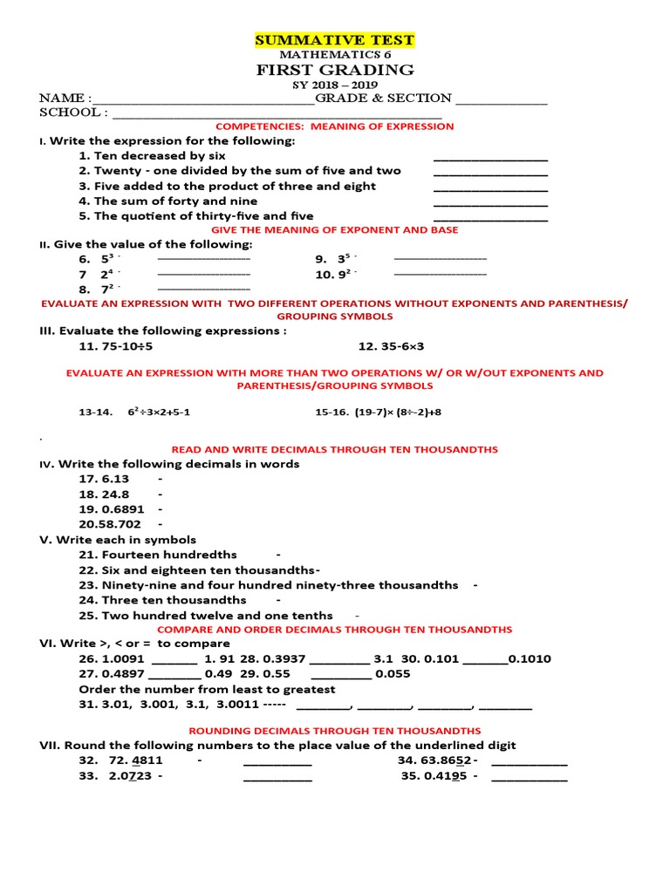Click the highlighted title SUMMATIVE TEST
tap(334, 40)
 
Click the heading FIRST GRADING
tap(334, 70)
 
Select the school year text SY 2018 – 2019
tap(334, 85)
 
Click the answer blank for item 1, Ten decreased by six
tap(490, 158)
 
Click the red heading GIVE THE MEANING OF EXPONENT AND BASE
tap(335, 230)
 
